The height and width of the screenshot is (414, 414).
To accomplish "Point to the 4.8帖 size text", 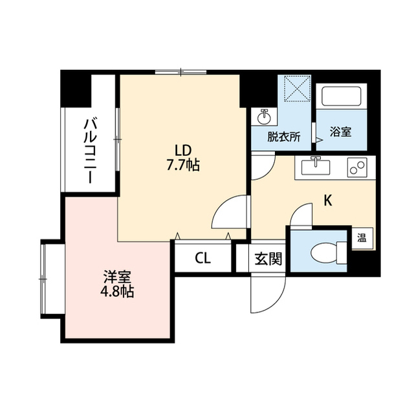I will pos(117,292).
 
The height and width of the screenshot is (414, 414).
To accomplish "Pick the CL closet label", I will pos(202,259).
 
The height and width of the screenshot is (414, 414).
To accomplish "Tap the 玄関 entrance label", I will pos(267,259).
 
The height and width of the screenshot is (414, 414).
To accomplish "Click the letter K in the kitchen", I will pos(328,201).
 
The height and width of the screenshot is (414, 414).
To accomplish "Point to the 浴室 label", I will pos(340,132).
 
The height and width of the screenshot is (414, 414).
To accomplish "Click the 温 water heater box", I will pos(361,237).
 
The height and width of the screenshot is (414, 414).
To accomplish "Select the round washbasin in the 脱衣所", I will pos(264,118).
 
